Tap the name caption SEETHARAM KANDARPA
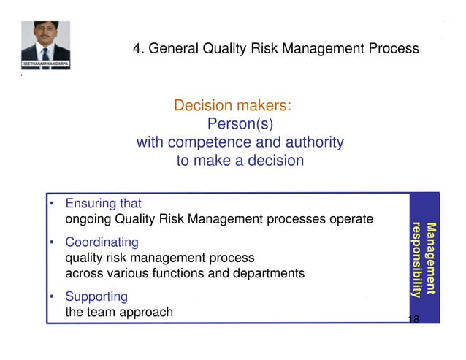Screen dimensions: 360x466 point(45,66)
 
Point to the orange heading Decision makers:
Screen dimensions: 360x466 point(233,106)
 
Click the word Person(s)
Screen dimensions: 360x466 point(240,124)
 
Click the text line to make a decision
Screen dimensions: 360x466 point(240,161)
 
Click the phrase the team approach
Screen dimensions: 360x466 point(119,312)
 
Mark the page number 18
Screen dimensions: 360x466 point(413,319)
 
